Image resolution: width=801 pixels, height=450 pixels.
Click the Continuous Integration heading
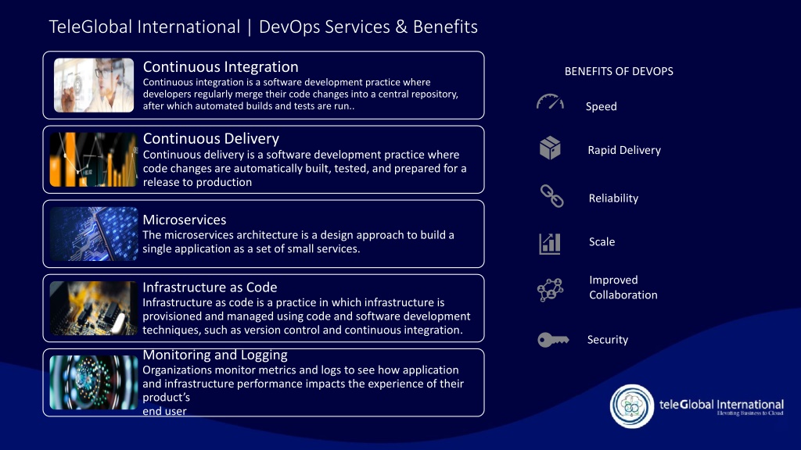click(221, 67)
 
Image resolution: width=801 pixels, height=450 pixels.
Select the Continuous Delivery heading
click(211, 138)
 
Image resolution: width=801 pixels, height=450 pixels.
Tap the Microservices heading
click(185, 220)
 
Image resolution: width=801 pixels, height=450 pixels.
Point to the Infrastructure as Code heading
click(210, 287)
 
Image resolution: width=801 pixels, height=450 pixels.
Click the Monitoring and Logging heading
click(215, 355)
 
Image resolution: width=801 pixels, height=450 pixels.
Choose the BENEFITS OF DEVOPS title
click(619, 71)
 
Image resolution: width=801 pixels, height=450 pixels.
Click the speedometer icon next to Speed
click(550, 102)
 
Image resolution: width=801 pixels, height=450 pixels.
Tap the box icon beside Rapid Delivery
click(550, 148)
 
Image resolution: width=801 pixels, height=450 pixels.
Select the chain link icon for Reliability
click(551, 196)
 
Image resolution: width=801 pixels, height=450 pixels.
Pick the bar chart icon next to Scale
click(550, 244)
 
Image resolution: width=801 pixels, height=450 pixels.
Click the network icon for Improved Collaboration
click(550, 290)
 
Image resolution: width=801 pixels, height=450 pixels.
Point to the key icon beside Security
click(553, 340)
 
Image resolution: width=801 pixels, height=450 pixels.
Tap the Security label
click(607, 340)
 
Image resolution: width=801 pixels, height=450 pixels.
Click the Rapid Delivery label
click(624, 150)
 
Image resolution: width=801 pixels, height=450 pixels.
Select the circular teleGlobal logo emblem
click(632, 406)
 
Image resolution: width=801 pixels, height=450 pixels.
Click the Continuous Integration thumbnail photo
click(94, 85)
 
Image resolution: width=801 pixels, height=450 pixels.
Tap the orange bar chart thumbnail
click(94, 159)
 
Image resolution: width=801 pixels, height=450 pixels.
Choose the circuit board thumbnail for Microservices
click(94, 234)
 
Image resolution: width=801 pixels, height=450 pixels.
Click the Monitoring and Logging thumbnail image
click(94, 383)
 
